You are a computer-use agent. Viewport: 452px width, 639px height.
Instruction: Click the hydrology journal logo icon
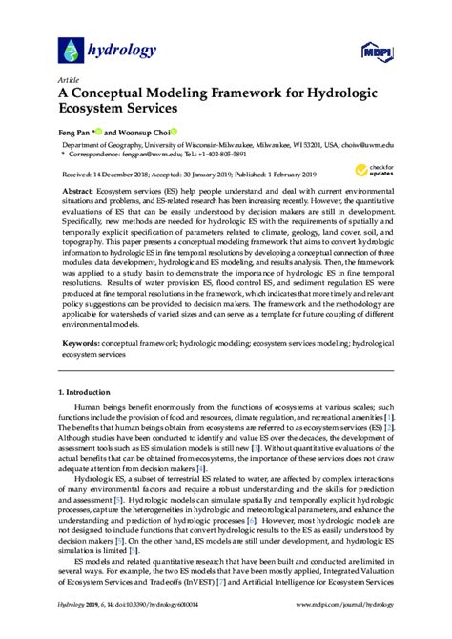pyautogui.click(x=72, y=49)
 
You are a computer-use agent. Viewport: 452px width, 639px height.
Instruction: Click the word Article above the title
pyautogui.click(x=70, y=81)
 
